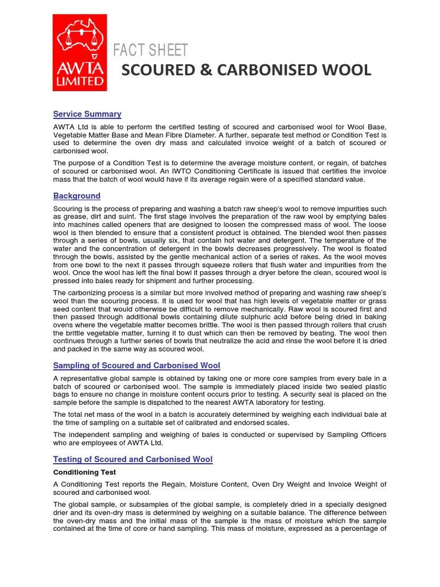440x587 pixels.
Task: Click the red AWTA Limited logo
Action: click(x=80, y=52)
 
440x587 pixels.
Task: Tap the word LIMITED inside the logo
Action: click(x=80, y=82)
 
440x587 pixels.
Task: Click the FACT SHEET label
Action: click(x=150, y=50)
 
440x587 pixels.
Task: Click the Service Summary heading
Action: click(x=87, y=114)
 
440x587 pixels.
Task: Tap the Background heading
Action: click(x=77, y=196)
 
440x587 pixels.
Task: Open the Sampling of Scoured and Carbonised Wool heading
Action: click(x=136, y=366)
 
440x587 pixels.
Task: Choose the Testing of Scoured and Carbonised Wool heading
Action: click(x=132, y=459)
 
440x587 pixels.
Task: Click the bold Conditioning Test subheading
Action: click(x=84, y=472)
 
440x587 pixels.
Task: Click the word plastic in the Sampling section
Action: click(x=373, y=386)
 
